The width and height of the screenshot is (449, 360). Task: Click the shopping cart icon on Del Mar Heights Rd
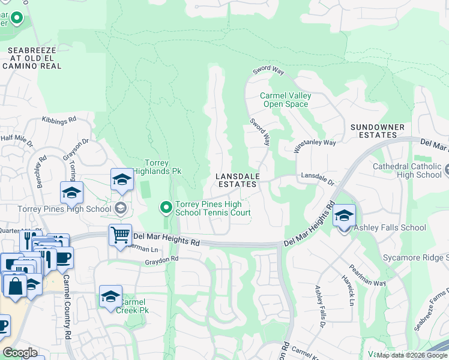[x=121, y=235]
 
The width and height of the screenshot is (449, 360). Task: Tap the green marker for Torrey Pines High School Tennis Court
[x=166, y=208]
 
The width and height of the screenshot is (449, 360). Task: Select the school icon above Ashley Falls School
[x=344, y=215]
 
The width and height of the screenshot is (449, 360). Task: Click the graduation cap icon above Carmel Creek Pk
[x=110, y=296]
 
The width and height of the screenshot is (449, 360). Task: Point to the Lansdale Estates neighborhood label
[x=237, y=180]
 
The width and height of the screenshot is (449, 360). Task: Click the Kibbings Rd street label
[x=59, y=120]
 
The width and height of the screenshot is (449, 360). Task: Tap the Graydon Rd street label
[x=161, y=260]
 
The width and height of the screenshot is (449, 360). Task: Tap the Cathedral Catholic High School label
[x=406, y=170]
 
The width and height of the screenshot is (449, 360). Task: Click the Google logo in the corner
[x=19, y=353]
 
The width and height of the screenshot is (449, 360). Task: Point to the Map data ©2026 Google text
[x=411, y=356]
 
